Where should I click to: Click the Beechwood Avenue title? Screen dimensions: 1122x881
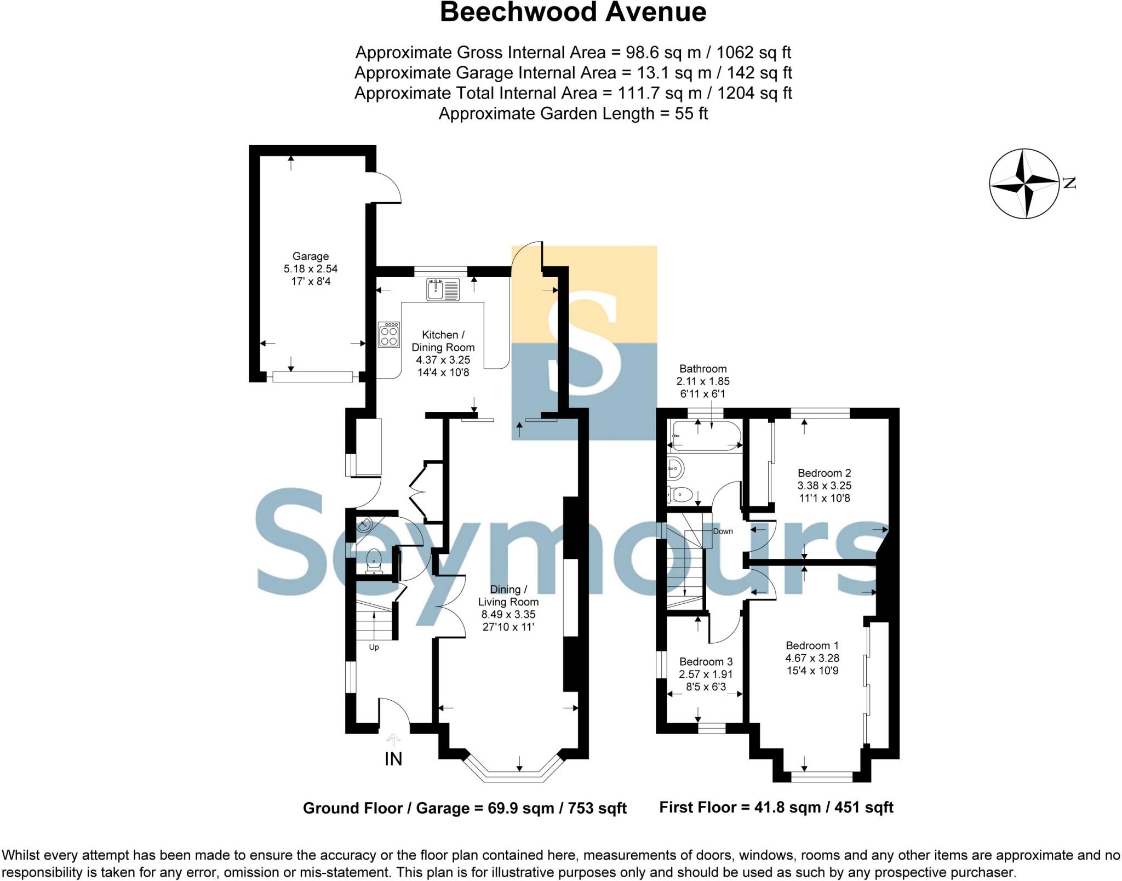(x=573, y=12)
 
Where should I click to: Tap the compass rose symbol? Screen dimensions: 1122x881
(x=1024, y=184)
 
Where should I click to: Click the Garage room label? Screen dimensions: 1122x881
(x=311, y=256)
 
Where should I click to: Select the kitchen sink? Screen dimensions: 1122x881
(x=443, y=290)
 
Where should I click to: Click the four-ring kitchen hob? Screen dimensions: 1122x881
(x=389, y=334)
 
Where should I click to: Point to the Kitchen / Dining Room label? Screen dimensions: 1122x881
(x=443, y=341)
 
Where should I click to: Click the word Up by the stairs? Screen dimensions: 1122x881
(x=374, y=647)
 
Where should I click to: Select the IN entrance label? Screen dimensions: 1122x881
(x=393, y=759)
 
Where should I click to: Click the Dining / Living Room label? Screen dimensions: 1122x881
(x=508, y=596)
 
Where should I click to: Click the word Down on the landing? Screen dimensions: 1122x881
(x=723, y=531)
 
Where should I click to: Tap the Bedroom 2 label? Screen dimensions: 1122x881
(x=824, y=473)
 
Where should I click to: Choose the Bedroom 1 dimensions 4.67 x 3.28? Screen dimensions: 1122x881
(x=812, y=658)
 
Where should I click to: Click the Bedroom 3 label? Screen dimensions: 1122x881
(x=706, y=662)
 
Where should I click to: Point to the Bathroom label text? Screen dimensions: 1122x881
(x=703, y=369)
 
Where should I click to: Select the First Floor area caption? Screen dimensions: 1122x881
(x=776, y=807)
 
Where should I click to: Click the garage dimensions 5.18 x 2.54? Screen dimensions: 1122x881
(x=311, y=268)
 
